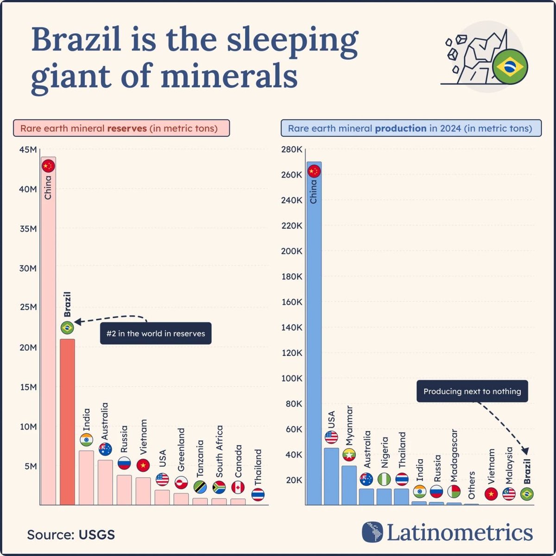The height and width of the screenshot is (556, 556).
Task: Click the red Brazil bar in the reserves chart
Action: tap(67, 422)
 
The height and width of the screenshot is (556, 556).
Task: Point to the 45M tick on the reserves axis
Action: tap(28, 150)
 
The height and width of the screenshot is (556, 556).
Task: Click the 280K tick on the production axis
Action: tap(292, 150)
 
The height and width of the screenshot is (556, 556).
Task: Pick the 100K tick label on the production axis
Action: tap(292, 378)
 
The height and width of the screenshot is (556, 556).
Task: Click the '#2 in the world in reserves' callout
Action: tap(156, 333)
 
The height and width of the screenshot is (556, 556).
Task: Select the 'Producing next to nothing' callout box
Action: tap(472, 392)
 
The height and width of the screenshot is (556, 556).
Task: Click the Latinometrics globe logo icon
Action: tap(373, 532)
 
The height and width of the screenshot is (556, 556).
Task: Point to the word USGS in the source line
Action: tap(97, 534)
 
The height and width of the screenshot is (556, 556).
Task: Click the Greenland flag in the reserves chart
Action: tap(181, 482)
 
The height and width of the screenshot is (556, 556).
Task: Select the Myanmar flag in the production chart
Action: tap(349, 455)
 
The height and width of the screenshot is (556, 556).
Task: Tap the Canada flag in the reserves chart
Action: tap(238, 487)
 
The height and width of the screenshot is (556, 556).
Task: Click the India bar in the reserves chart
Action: tap(86, 477)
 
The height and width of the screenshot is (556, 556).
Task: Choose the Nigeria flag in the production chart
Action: tap(384, 479)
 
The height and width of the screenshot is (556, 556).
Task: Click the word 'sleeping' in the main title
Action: tap(292, 41)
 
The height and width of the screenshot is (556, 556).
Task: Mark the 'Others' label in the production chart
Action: tap(472, 486)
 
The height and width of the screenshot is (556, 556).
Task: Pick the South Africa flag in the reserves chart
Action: tap(219, 487)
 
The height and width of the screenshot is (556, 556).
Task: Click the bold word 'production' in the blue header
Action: tap(400, 128)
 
